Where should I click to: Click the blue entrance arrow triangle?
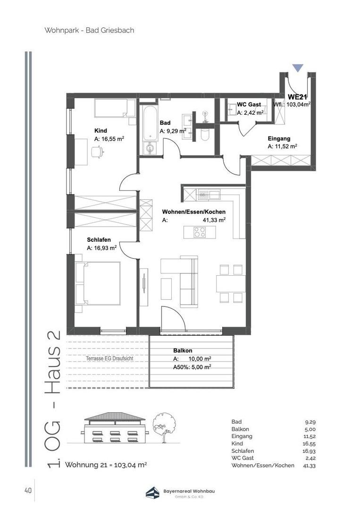click(x=297, y=68)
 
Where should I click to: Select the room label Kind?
click(x=100, y=131)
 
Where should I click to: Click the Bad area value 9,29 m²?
click(x=173, y=131)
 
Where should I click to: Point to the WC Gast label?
click(x=249, y=104)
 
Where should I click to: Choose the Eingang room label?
click(x=279, y=139)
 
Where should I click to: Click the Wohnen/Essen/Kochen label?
click(x=193, y=212)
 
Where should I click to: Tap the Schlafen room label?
click(x=99, y=239)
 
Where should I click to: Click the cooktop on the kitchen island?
click(x=200, y=232)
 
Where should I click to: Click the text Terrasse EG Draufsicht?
click(x=109, y=358)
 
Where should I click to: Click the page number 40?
click(x=28, y=491)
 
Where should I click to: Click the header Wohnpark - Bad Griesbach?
click(x=89, y=30)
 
